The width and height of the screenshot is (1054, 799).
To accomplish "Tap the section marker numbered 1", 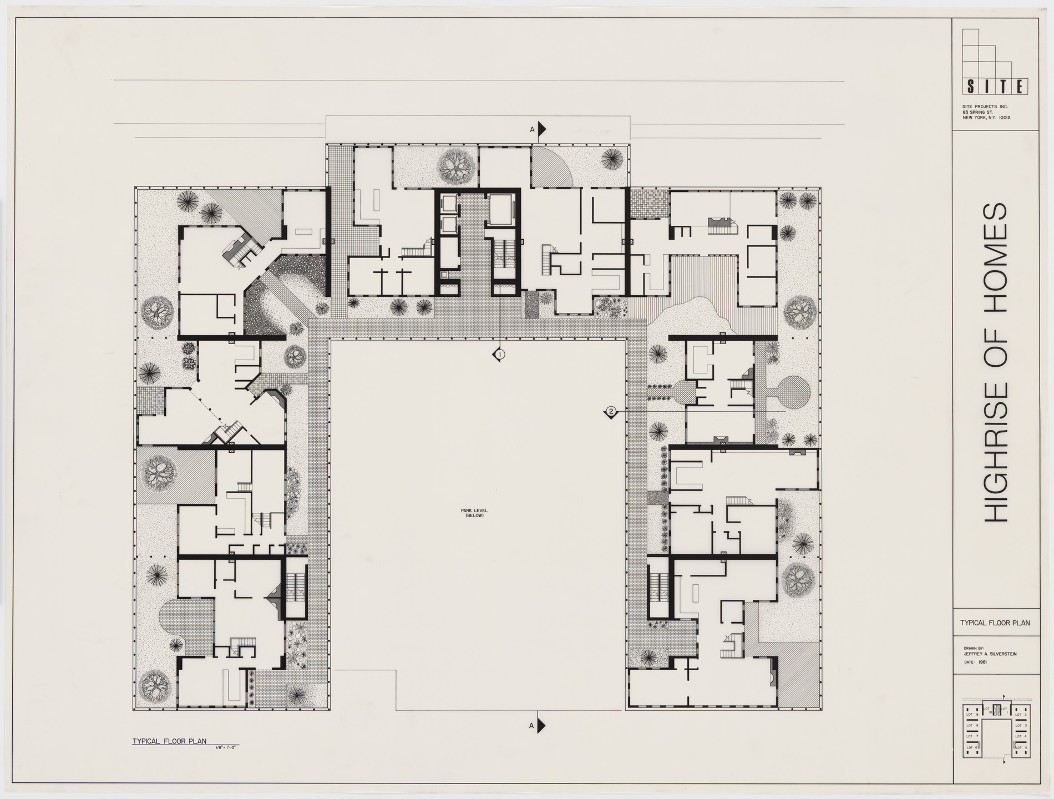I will (x=500, y=354).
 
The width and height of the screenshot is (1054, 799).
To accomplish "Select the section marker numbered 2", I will (x=611, y=412).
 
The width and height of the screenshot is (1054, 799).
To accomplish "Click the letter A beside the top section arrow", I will (x=532, y=130).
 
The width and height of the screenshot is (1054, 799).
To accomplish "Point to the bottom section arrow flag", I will (x=541, y=726).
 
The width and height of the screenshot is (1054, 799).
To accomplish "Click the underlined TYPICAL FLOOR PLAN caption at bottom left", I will (x=169, y=741).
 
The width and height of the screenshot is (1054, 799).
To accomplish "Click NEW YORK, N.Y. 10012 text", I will (x=986, y=134).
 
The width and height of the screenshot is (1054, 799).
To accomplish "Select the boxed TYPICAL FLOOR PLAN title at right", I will (x=995, y=623).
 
